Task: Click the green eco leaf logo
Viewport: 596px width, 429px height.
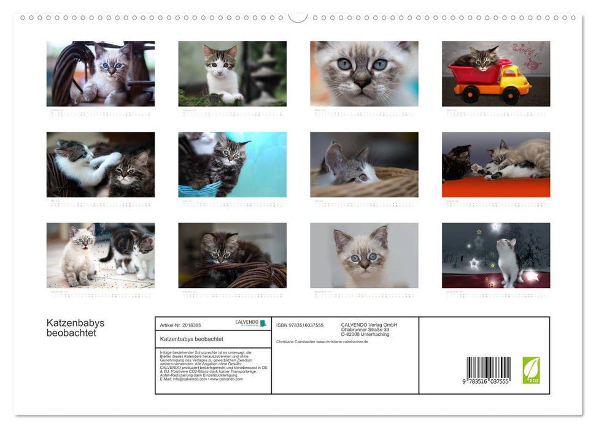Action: (531, 370)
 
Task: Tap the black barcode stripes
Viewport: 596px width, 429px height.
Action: (488, 368)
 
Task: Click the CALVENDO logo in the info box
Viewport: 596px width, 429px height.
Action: (250, 323)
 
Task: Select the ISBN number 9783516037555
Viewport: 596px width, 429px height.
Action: (300, 325)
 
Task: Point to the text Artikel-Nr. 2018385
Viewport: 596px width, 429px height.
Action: (180, 325)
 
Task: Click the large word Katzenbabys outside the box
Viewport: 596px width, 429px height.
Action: (75, 323)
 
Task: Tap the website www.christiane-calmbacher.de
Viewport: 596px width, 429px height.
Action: (342, 342)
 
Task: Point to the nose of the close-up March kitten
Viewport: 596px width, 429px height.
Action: (362, 80)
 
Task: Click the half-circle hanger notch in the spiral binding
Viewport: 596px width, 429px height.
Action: (298, 18)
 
